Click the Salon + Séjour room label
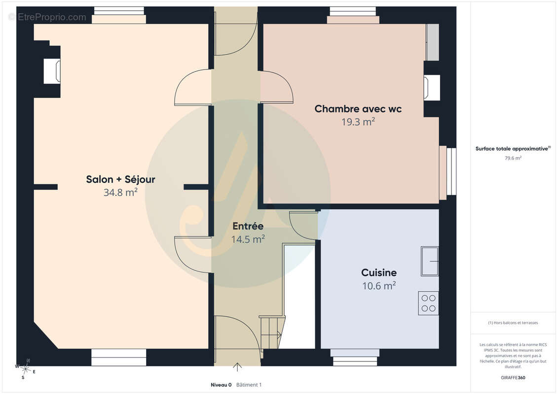click(x=121, y=179)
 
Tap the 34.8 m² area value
click(x=121, y=192)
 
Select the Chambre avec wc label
click(x=358, y=109)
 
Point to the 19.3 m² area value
click(x=358, y=122)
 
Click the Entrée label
click(x=248, y=226)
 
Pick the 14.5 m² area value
click(x=248, y=239)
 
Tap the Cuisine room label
click(x=379, y=272)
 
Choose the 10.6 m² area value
click(x=379, y=286)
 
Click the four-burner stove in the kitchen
click(x=428, y=303)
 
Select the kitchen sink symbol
click(x=430, y=261)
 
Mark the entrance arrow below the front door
click(x=237, y=367)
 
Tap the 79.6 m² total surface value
click(x=513, y=158)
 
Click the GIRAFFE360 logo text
click(x=513, y=378)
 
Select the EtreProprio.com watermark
click(x=47, y=17)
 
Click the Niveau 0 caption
click(x=221, y=385)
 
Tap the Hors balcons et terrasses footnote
click(x=513, y=323)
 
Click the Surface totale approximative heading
click(x=513, y=149)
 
